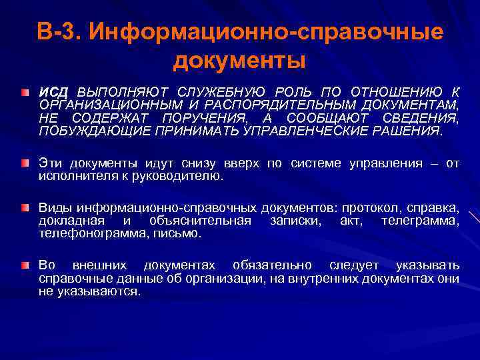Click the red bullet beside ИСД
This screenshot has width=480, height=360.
coord(25,89)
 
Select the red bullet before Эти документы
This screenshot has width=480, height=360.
coord(25,162)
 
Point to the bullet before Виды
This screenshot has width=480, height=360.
coord(25,209)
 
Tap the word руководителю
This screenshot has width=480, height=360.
coord(184,177)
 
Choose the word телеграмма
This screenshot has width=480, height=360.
coord(419,221)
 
